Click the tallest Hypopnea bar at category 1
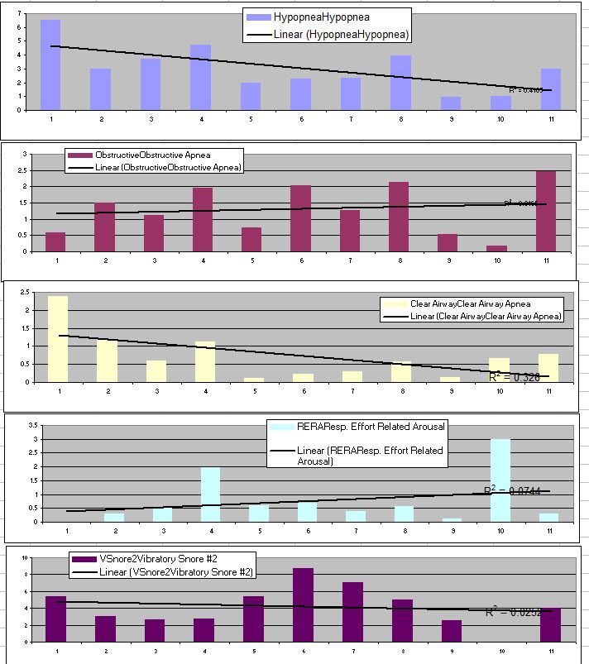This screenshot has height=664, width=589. pyautogui.click(x=50, y=64)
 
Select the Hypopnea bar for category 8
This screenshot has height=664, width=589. pyautogui.click(x=400, y=83)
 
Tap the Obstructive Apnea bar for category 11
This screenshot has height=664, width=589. pyautogui.click(x=545, y=212)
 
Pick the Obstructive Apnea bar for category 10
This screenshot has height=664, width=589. pyautogui.click(x=496, y=248)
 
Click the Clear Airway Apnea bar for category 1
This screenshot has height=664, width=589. pyautogui.click(x=57, y=339)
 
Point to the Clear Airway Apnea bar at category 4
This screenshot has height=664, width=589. pyautogui.click(x=204, y=361)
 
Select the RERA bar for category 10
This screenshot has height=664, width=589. pyautogui.click(x=500, y=480)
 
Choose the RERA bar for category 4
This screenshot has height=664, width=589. pyautogui.click(x=210, y=494)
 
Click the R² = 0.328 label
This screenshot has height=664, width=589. pyautogui.click(x=513, y=377)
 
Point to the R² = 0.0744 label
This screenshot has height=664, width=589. pyautogui.click(x=512, y=490)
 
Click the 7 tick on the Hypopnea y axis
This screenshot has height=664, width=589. pyautogui.click(x=19, y=12)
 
